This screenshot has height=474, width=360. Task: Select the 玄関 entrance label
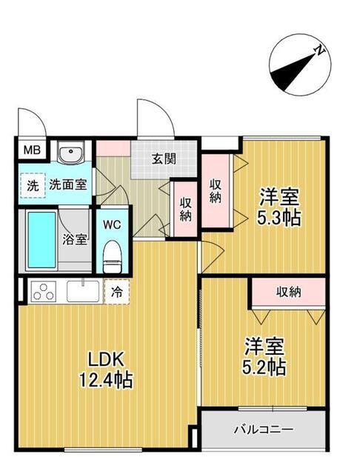164,158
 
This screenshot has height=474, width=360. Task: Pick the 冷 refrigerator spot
117,291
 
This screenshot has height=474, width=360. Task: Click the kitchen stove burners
43,291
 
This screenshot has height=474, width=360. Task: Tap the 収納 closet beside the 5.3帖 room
216,190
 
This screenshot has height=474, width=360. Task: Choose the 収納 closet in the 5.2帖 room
290,292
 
